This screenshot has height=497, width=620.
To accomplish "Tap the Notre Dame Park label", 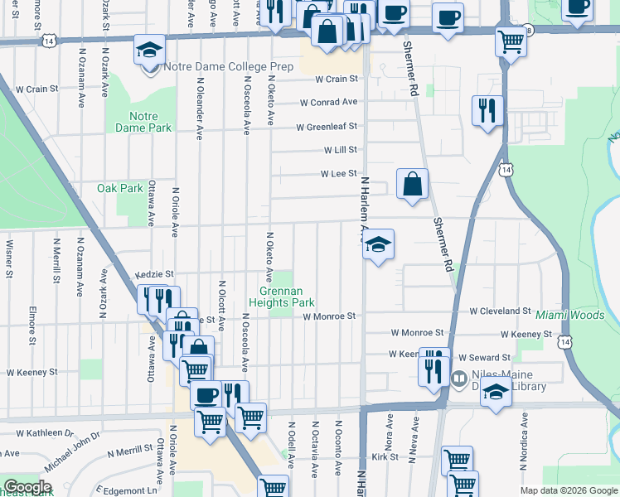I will point(150,122).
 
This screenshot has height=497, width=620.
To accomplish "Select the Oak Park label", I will point(120,188).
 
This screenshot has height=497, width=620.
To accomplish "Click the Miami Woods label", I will point(569,316).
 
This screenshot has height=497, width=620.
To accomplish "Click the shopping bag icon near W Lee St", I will point(412,185).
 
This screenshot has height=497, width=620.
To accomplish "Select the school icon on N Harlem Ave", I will point(378,244).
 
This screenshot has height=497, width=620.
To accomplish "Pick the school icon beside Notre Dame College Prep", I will point(149,52).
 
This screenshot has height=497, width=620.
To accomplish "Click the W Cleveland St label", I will point(500,311).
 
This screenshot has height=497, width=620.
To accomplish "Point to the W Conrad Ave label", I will point(328,103).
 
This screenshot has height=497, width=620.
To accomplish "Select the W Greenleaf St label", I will point(327,127).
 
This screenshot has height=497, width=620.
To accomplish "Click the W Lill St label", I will point(340,150).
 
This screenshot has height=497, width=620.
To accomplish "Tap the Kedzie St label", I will point(154,273).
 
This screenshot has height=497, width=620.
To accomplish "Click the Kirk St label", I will point(385,456).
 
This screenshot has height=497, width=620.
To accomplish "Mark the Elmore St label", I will point(31,326).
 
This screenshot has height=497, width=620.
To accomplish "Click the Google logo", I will point(27,487).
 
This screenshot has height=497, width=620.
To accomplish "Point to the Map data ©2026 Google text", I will point(568,490).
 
